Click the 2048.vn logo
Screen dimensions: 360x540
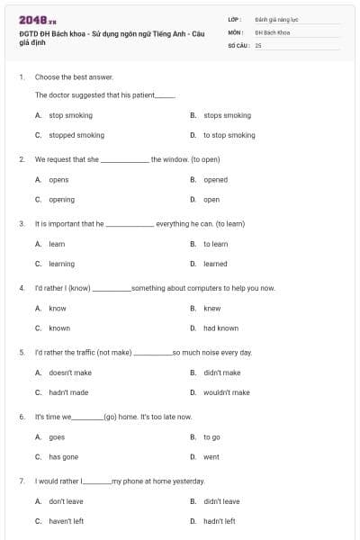[37, 20]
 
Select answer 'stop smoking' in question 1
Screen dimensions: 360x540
[70, 115]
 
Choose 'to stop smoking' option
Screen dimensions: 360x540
[229, 135]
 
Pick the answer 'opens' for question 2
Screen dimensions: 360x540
[58, 180]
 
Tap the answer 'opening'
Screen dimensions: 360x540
[61, 200]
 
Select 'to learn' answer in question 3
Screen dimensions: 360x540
[215, 244]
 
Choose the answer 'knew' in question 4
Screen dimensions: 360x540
[211, 308]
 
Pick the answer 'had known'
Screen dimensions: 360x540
[220, 328]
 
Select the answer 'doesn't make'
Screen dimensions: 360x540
[70, 373]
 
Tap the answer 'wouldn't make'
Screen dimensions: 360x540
[227, 392]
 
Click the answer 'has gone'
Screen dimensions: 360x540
[63, 457]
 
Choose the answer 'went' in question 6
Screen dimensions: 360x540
[211, 457]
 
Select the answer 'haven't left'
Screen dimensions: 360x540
[67, 521]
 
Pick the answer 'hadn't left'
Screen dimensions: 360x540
[220, 521]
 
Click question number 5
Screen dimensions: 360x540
[22, 353]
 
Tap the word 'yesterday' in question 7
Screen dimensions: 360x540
[188, 481]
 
